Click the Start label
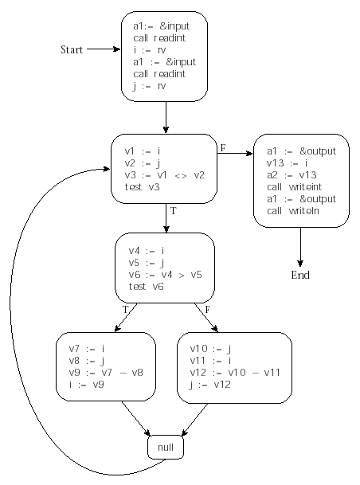click(72, 49)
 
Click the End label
click(300, 275)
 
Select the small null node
click(166, 447)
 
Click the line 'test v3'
click(143, 187)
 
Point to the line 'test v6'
click(147, 287)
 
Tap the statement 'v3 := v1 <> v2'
click(165, 175)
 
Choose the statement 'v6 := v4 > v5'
click(165, 275)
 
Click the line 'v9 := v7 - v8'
click(106, 372)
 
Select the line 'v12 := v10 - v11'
click(235, 372)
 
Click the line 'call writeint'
click(294, 187)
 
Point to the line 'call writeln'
click(293, 210)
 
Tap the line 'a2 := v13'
click(292, 175)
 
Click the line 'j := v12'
click(210, 385)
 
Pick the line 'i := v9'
click(87, 384)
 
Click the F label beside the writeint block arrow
click(223, 148)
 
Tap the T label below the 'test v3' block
click(173, 211)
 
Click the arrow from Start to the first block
click(104, 49)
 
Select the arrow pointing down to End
click(300, 247)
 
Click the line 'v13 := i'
click(288, 163)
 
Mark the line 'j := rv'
click(150, 86)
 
